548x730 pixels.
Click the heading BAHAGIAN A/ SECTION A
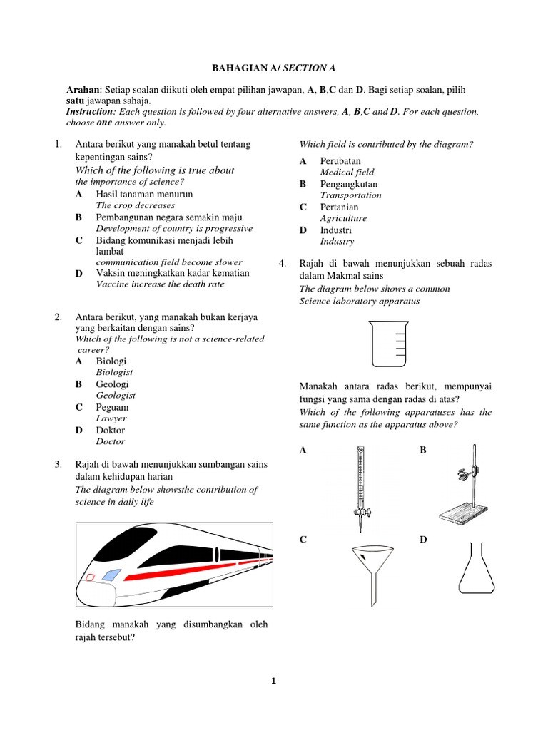tap(273, 68)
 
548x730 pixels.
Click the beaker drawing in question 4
tap(388, 343)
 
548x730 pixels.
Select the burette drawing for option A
tap(361, 488)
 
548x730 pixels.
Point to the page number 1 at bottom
tap(273, 682)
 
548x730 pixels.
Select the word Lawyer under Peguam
tap(111, 418)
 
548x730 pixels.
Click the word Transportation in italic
tap(350, 195)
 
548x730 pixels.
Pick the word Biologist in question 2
tap(114, 372)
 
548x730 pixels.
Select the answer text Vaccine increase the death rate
tap(160, 284)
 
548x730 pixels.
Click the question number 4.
tap(283, 264)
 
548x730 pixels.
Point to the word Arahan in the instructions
tap(83, 91)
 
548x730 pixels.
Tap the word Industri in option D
tap(335, 230)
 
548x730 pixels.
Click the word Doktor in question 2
tap(110, 430)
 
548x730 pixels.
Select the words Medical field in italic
tap(347, 173)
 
